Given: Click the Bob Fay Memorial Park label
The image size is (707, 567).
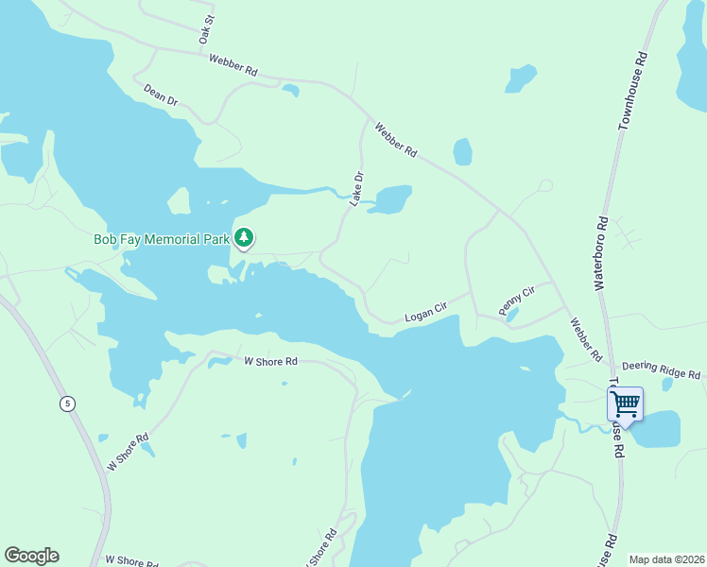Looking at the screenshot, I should [x=162, y=240].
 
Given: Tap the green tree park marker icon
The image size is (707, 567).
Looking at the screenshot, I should [x=245, y=237].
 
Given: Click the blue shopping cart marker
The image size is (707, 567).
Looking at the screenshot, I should [x=625, y=405].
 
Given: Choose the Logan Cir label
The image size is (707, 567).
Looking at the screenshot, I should [x=425, y=313].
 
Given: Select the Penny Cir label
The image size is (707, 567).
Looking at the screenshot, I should [x=516, y=301].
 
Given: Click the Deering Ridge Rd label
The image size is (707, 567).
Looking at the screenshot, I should [x=661, y=369].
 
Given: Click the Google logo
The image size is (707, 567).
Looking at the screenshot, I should [x=31, y=555].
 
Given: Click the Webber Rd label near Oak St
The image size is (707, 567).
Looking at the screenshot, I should [x=233, y=64].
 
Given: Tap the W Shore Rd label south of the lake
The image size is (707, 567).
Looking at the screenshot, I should [x=270, y=361].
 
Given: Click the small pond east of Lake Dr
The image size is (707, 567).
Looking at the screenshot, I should [x=391, y=200].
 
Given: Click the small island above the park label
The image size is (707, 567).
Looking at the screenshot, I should [x=178, y=200].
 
